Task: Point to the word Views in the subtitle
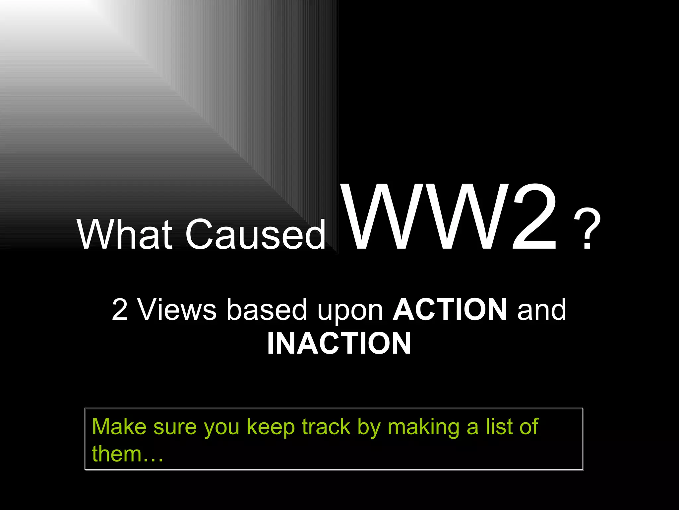coord(177,309)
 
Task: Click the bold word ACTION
coord(450,309)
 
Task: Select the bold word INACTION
coord(339,344)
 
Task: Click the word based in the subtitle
coord(267,309)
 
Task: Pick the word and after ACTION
coord(542,309)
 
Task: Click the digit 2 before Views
coord(120,309)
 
